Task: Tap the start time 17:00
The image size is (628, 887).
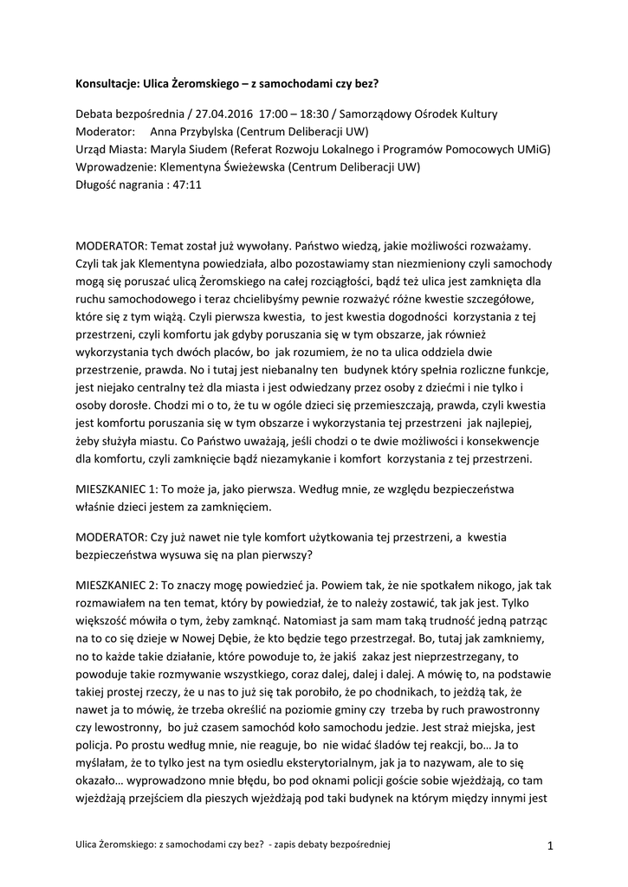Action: [274, 114]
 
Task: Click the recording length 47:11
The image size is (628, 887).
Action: [185, 185]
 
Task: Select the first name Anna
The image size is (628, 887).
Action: [165, 132]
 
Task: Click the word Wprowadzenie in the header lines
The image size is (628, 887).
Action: [116, 167]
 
